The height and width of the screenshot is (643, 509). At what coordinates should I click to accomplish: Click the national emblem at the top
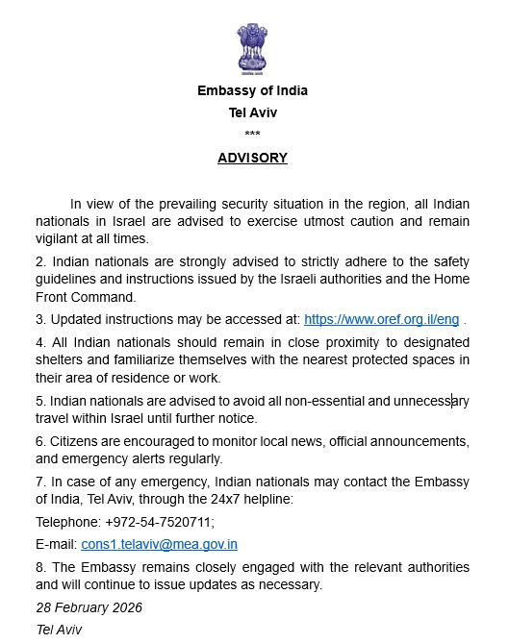[x=252, y=50]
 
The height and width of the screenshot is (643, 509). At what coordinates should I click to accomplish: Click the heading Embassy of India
[x=252, y=91]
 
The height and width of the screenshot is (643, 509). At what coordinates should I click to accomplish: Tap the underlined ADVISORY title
[x=252, y=158]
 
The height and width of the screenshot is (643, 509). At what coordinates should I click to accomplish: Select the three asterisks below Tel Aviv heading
[x=252, y=133]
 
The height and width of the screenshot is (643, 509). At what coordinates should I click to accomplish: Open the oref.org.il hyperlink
[x=381, y=319]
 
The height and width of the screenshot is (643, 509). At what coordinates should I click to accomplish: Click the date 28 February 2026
[x=89, y=608]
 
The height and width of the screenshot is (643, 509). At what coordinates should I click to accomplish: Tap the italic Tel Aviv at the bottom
[x=60, y=630]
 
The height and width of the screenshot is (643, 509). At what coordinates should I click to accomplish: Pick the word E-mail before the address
[x=55, y=544]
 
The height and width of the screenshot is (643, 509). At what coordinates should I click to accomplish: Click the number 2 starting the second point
[x=39, y=260]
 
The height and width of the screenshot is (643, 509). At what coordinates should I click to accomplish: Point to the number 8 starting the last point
[x=39, y=566]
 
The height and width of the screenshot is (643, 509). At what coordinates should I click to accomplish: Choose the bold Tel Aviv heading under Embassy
[x=252, y=111]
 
